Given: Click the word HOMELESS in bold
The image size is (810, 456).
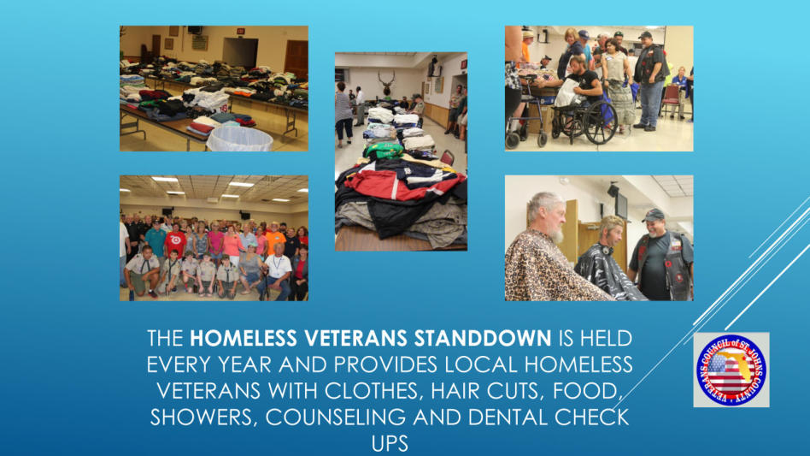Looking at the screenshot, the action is click(x=244, y=338).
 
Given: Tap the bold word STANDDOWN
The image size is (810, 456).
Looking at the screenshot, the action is click(x=483, y=338).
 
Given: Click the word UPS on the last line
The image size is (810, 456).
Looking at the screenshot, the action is click(x=390, y=443).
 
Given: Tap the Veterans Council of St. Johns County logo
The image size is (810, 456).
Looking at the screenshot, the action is click(x=731, y=370).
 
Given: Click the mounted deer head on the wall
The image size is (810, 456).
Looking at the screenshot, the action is click(x=386, y=83).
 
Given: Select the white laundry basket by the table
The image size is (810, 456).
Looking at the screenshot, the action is click(x=240, y=139).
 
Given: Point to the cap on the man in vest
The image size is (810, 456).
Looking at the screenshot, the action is click(x=653, y=215).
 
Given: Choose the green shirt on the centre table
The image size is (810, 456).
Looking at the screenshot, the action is click(x=383, y=151).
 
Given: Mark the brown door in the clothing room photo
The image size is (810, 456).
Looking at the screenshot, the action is click(x=296, y=60).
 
